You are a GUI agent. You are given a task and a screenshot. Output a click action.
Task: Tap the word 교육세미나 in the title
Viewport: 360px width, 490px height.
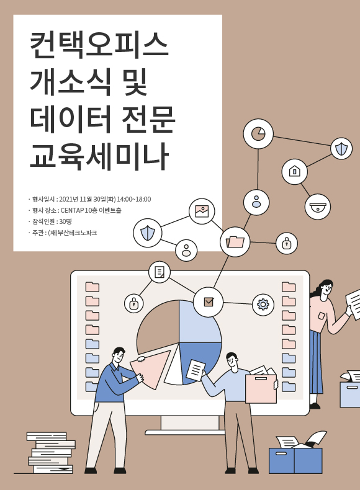99,157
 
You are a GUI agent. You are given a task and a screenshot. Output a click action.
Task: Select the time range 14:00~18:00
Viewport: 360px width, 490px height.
134,199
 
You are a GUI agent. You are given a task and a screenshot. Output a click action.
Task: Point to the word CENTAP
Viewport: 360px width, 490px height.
72,210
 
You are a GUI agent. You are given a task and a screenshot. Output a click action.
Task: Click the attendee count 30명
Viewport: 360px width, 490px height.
65,221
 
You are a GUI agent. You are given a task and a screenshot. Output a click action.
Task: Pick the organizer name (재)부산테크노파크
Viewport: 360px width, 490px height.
72,233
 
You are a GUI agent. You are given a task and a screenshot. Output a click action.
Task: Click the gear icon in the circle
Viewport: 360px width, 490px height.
263,304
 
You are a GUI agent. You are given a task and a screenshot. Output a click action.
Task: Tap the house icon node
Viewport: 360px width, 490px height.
294,172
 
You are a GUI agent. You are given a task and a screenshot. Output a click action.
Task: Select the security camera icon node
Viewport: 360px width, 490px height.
317,207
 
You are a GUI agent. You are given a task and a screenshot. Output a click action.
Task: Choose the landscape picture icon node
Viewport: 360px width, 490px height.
202,212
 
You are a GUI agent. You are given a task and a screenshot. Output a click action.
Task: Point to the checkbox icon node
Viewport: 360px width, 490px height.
209,302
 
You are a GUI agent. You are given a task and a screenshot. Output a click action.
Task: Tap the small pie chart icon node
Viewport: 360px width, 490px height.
258,133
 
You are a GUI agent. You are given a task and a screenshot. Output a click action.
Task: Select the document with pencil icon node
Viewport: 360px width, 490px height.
160,272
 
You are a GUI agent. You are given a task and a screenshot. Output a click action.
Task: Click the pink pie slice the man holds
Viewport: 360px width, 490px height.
150,370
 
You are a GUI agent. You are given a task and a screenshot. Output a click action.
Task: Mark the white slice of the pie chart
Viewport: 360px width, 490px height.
174,367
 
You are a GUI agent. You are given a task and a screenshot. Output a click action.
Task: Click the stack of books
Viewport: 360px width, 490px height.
51,453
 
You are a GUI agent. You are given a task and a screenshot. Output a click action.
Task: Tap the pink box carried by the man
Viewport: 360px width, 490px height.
261,388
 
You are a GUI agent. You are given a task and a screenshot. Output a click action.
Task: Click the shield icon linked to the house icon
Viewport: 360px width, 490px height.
341,149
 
